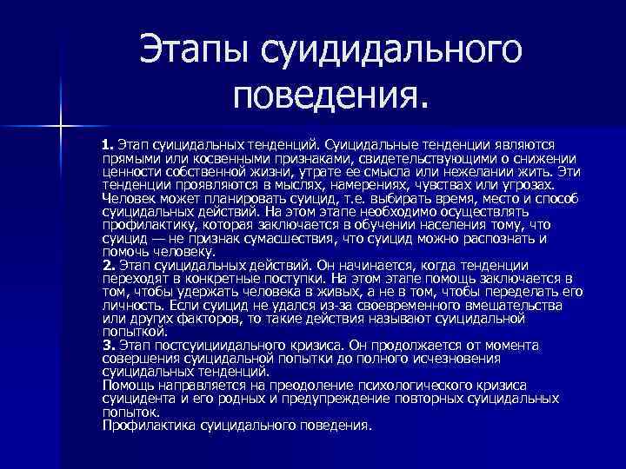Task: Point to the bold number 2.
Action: point(108,265)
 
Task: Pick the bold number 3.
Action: point(108,345)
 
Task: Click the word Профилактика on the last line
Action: point(148,426)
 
